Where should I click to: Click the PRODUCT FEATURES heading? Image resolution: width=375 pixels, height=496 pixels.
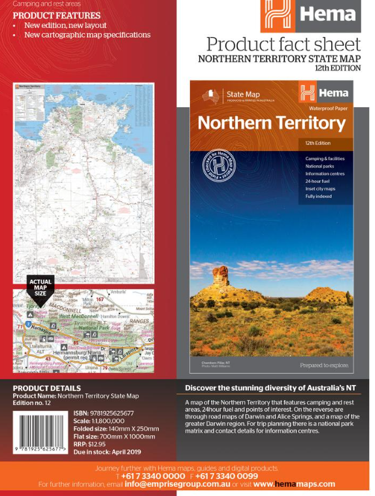pyautogui.click(x=56, y=15)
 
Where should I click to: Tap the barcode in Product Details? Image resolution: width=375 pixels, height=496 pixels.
pyautogui.click(x=40, y=432)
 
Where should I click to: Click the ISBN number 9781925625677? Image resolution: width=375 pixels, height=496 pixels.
pyautogui.click(x=104, y=413)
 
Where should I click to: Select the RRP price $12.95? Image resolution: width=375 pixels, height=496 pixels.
pyautogui.click(x=90, y=444)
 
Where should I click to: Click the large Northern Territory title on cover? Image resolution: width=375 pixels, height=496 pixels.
pyautogui.click(x=271, y=123)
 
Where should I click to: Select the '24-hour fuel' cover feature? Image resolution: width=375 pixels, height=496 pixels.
pyautogui.click(x=318, y=181)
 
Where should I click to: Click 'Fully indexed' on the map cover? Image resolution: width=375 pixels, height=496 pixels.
pyautogui.click(x=319, y=196)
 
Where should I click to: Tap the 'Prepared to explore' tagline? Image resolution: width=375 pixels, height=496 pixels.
pyautogui.click(x=324, y=365)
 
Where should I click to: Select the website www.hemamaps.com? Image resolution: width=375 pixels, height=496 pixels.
pyautogui.click(x=294, y=484)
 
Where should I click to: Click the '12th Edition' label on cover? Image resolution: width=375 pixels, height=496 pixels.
pyautogui.click(x=318, y=143)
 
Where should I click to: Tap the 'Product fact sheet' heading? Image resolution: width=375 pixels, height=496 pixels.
pyautogui.click(x=283, y=44)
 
